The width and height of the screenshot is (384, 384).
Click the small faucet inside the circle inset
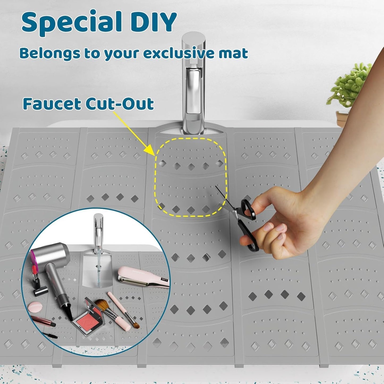98,231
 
